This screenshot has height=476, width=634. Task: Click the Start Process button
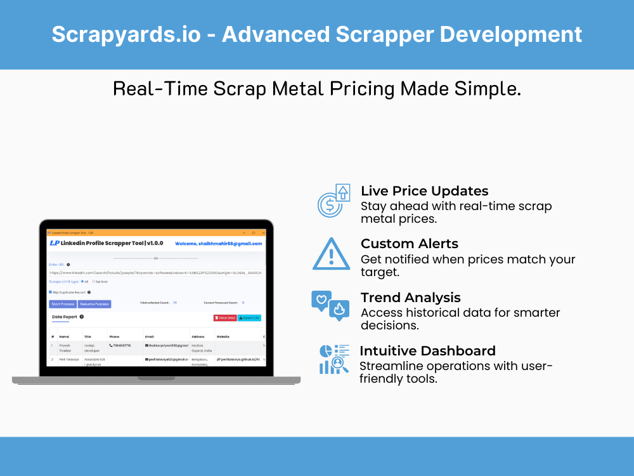63,304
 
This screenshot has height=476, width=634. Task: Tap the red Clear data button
225,317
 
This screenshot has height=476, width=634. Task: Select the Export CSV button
249,317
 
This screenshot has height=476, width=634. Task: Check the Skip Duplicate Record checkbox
51,292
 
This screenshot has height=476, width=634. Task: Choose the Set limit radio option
94,281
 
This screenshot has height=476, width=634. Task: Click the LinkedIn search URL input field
155,272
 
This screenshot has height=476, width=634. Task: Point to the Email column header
150,336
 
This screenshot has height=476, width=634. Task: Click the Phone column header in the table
114,336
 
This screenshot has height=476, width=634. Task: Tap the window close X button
262,232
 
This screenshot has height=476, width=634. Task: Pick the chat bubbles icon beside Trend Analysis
330,305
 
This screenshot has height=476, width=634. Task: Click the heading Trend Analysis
410,298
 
